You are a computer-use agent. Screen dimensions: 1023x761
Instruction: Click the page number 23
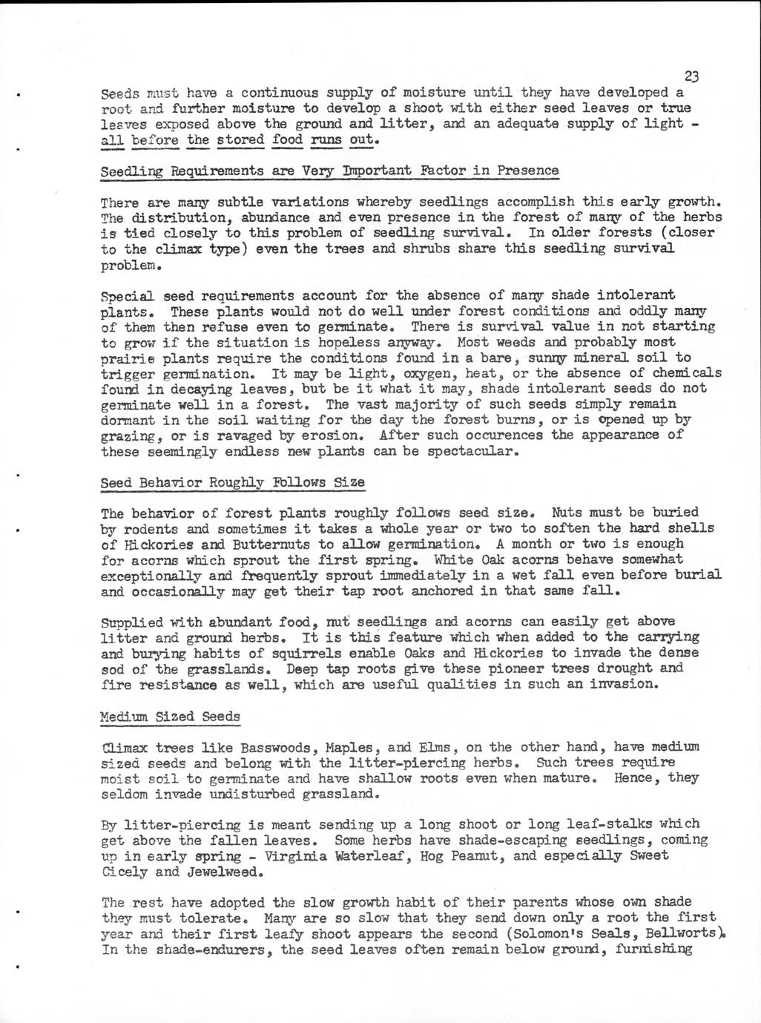point(692,76)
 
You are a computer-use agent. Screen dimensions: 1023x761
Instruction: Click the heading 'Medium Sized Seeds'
point(171,717)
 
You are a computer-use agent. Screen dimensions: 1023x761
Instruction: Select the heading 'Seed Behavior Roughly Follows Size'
point(232,483)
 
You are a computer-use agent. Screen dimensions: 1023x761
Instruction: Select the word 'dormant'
point(127,421)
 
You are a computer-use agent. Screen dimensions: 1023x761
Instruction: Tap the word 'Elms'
point(435,746)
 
